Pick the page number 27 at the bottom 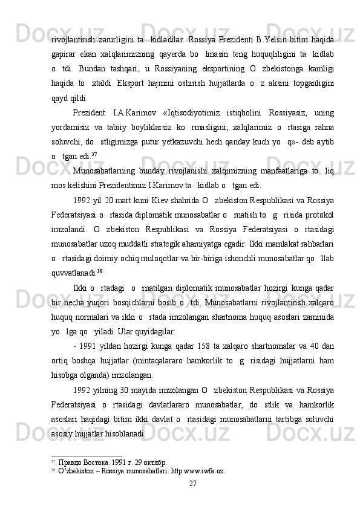coord(193,483)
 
